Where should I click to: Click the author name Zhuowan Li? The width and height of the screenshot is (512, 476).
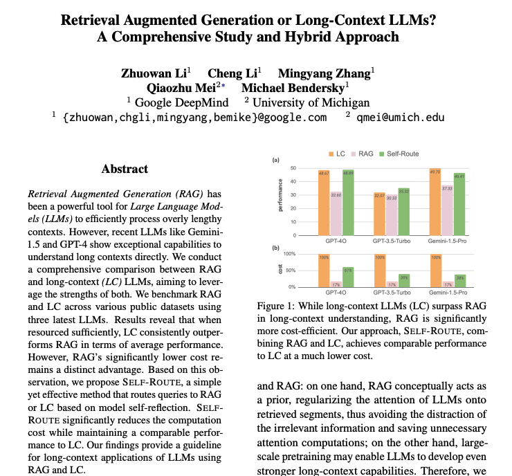pyautogui.click(x=152, y=73)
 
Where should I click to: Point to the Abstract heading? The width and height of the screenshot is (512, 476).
pyautogui.click(x=125, y=169)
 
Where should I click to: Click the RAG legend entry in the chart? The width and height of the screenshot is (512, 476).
pyautogui.click(x=366, y=154)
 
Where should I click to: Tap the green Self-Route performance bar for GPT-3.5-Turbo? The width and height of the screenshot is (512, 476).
pyautogui.click(x=404, y=216)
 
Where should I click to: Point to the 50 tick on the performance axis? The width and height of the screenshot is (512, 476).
pyautogui.click(x=293, y=168)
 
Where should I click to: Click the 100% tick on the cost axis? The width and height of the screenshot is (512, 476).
pyautogui.click(x=291, y=255)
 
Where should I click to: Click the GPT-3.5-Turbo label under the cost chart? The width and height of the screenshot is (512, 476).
pyautogui.click(x=392, y=293)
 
